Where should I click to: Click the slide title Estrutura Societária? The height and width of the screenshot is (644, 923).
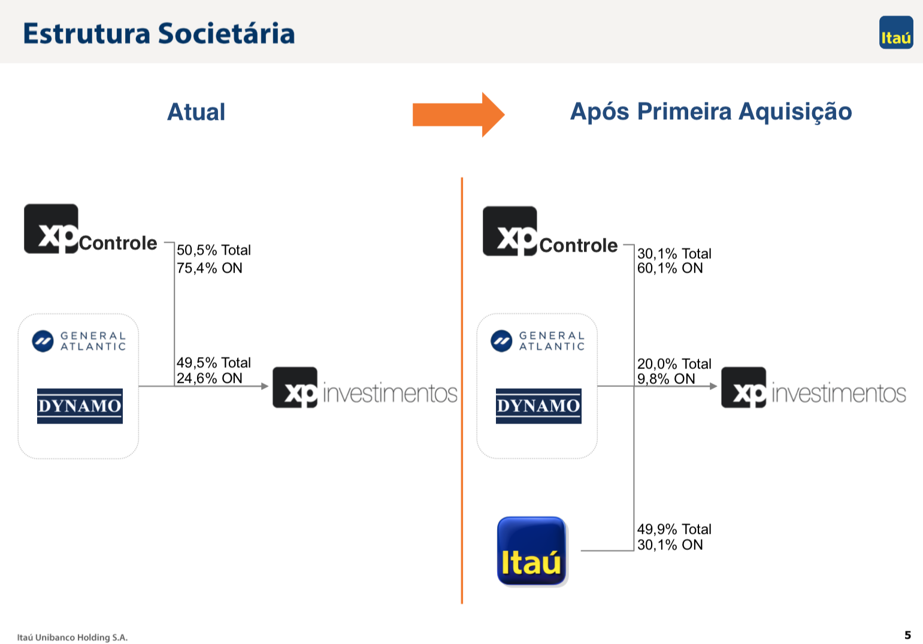point(159,34)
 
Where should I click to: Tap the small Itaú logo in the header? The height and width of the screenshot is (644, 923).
point(896,32)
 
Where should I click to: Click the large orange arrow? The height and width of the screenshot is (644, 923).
point(459,114)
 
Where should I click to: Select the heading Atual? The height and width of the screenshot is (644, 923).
point(196,111)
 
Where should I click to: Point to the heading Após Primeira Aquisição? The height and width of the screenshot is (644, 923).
point(711,111)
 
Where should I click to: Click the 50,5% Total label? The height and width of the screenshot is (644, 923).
point(213,250)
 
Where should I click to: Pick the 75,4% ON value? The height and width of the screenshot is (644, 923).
point(209,268)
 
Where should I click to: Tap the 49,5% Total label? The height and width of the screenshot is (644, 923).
point(213,362)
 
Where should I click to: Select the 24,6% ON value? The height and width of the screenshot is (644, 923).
point(209,378)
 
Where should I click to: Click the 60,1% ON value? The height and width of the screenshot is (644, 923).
point(670,268)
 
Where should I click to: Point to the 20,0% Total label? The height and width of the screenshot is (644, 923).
point(674,364)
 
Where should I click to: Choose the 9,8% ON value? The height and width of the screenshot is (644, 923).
point(666,379)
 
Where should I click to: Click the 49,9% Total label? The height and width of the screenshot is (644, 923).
point(674,529)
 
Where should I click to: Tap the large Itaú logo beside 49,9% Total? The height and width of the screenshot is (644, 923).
point(532,551)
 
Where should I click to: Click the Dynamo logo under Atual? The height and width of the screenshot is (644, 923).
point(80,406)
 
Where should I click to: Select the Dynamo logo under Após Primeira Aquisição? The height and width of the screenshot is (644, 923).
point(538,406)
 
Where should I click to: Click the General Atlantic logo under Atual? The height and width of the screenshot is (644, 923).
point(79,341)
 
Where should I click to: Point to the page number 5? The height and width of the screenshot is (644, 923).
point(908,635)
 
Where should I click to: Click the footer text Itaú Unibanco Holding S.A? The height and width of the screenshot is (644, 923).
point(72,637)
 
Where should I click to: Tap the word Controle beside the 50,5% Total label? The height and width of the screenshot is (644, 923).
point(118,243)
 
